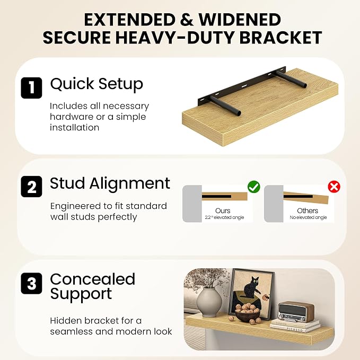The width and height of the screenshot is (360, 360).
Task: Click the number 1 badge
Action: (x=31, y=87)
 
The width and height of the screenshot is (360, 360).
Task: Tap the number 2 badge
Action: (x=31, y=187)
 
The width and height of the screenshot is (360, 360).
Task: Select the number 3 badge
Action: (x=31, y=283)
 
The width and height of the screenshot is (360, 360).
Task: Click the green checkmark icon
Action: (x=254, y=187)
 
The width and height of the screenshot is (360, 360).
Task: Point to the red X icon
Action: (x=334, y=187)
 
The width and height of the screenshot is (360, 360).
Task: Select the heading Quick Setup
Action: (x=96, y=84)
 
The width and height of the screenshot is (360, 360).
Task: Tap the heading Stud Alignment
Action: (x=110, y=183)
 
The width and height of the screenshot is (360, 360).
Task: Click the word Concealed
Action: (x=93, y=279)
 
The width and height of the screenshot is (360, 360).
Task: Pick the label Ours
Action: (x=223, y=210)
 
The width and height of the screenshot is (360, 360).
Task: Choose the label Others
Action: (x=308, y=210)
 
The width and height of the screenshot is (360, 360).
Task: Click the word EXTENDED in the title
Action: (x=130, y=20)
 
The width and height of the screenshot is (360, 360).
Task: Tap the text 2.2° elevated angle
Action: (x=224, y=217)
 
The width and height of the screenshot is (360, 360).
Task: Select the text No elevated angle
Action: (x=308, y=217)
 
